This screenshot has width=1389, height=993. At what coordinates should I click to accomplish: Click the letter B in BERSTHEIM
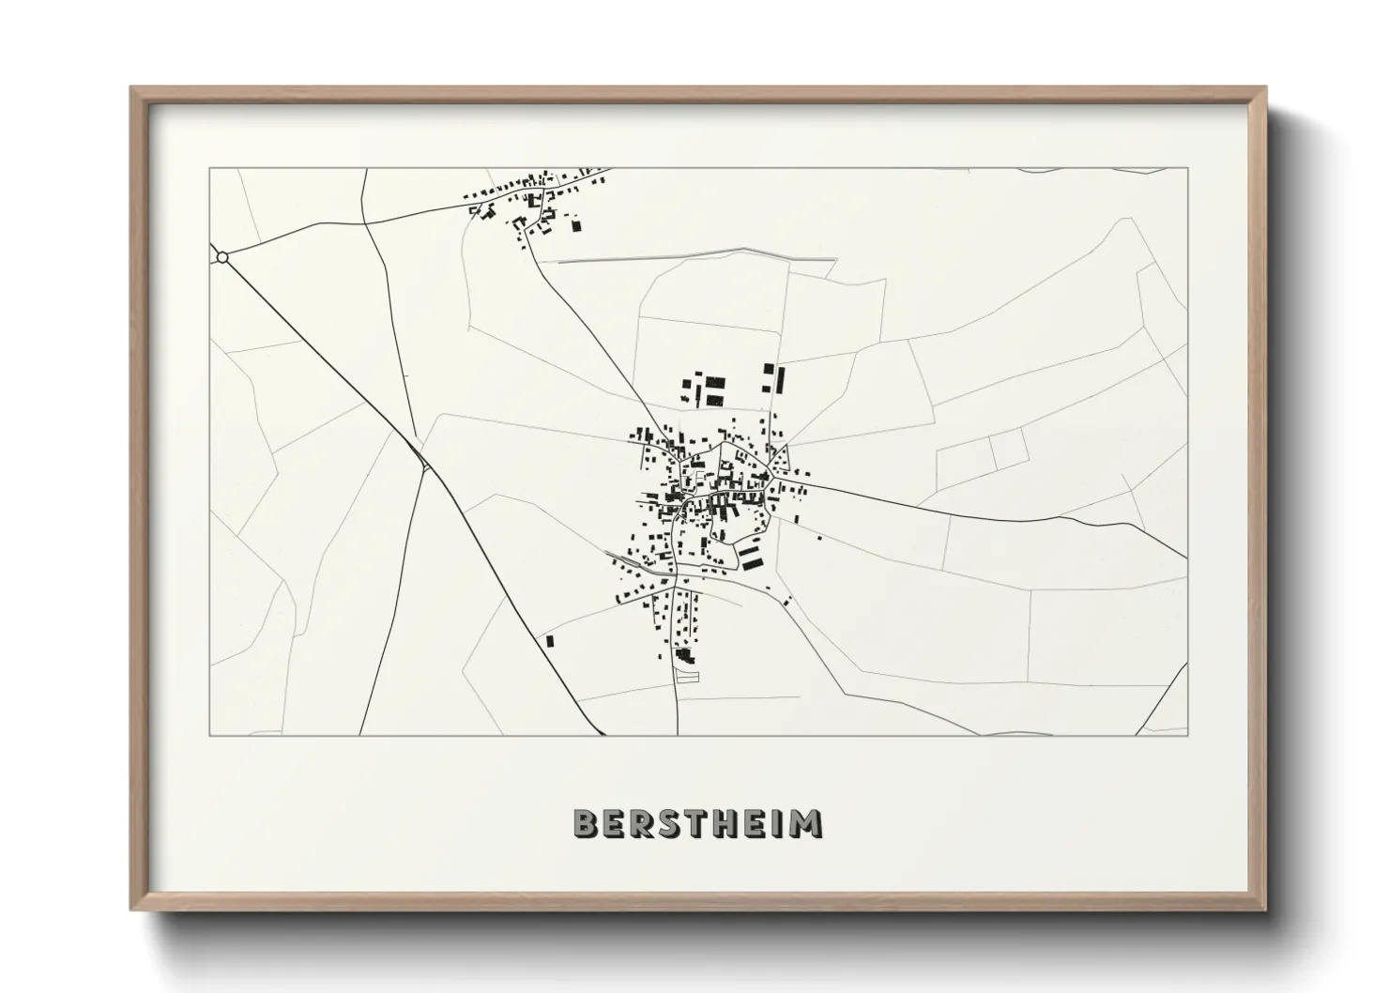(585, 823)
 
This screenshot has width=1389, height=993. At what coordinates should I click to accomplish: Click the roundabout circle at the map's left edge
(222, 256)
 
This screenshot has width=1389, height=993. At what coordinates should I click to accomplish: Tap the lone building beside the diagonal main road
(550, 641)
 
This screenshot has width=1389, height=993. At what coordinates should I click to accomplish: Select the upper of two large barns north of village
(715, 383)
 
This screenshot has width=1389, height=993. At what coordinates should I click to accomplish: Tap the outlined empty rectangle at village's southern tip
(689, 675)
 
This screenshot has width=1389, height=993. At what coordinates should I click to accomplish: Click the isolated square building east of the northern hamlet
(576, 225)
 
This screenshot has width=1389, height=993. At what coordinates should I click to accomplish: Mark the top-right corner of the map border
(1187, 168)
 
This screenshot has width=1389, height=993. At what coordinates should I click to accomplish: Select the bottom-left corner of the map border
(209, 735)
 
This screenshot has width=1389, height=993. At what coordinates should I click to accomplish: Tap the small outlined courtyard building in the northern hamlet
(535, 200)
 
